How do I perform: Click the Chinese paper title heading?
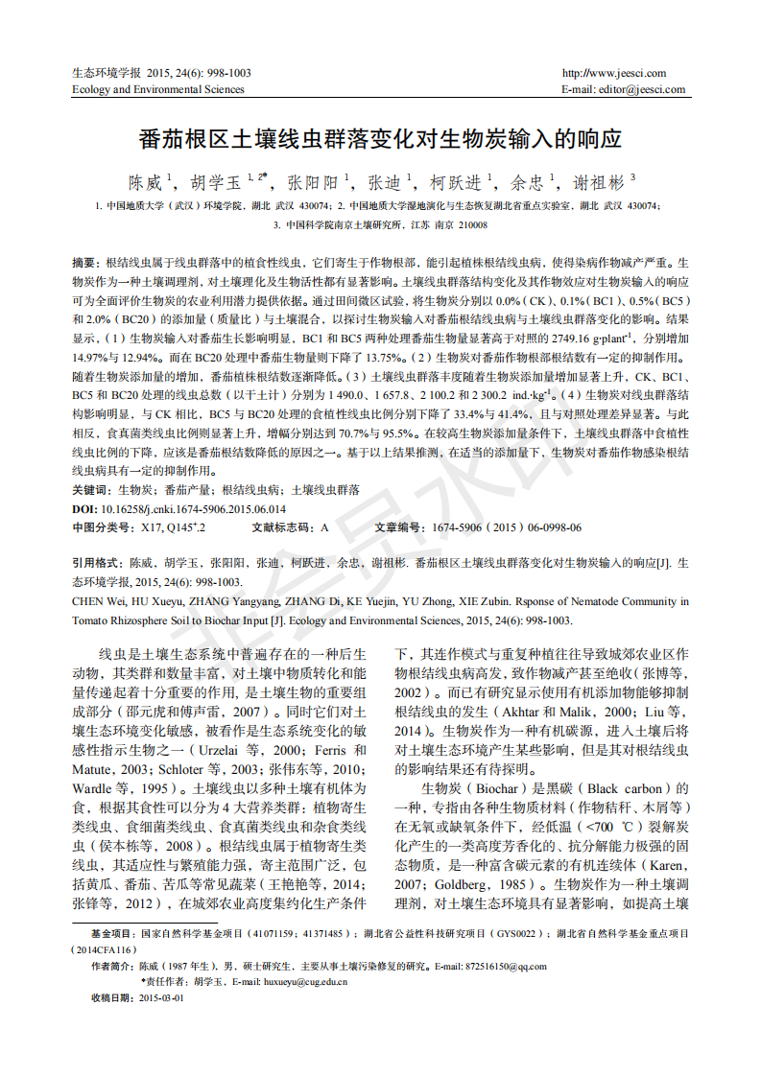coord(380,140)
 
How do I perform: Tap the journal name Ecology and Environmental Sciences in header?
coord(158,90)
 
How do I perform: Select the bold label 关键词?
coord(91,489)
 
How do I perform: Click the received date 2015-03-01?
coord(160,998)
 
